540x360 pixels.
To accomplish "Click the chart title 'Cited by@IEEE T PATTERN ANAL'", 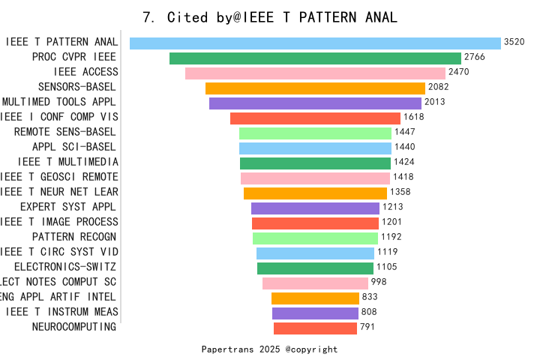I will pos(270,17).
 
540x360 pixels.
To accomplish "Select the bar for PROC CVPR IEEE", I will pos(315,58).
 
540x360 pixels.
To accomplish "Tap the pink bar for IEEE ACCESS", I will pos(315,73).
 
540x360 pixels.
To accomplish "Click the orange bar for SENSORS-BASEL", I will pos(315,88).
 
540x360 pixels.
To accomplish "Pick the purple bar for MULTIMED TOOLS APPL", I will pos(315,103).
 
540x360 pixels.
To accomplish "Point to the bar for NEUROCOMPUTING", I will pos(315,328).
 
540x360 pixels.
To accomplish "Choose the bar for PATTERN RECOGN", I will pos(315,238).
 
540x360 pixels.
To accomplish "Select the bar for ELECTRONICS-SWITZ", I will pos(315,268).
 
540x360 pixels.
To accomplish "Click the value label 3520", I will pos(514,43).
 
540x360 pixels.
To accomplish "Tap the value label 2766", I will pos(475,58).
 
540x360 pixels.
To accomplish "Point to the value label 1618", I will pos(413,118).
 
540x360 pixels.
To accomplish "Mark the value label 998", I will pos(379,283).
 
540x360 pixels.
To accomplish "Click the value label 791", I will pos(367,328).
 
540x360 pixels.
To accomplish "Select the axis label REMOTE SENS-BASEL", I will pos(66,132).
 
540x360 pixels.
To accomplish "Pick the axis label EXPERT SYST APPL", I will pos(69,207).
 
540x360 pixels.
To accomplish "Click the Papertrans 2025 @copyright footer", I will pos(270,349).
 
